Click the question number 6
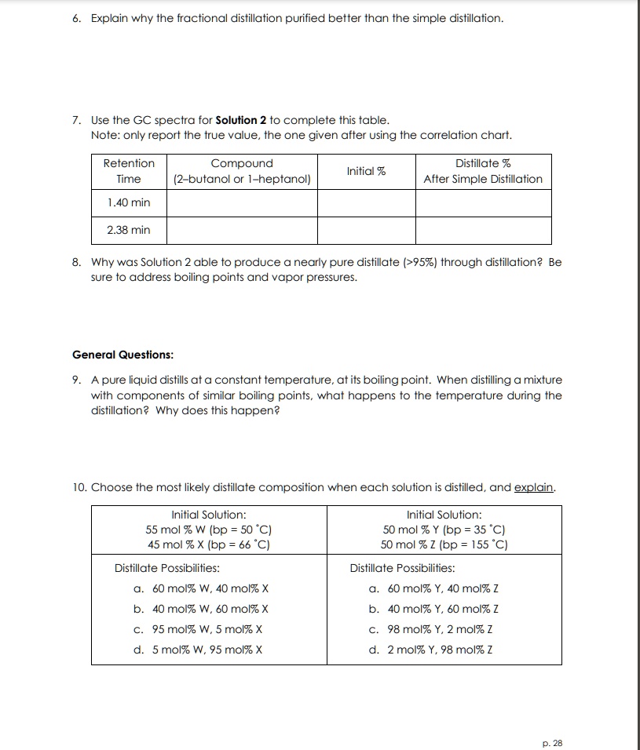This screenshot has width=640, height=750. [x=76, y=17]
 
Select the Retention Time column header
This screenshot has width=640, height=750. [x=129, y=171]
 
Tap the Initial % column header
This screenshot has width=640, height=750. [x=366, y=171]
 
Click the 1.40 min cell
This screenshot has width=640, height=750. [x=129, y=202]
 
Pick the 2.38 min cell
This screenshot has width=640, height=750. [x=129, y=230]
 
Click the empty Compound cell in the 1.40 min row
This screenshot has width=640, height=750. [x=242, y=202]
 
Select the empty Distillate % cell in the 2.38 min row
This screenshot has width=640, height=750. [x=483, y=230]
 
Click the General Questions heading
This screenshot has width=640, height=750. [x=123, y=355]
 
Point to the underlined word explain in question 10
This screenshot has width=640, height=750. [x=534, y=487]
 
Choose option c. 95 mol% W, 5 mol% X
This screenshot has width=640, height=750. [x=198, y=629]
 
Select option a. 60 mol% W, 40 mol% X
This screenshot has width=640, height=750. [x=198, y=588]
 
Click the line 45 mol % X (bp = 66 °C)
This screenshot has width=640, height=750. [x=209, y=544]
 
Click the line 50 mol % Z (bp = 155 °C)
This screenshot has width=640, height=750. [x=444, y=544]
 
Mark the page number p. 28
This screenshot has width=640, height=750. [x=553, y=743]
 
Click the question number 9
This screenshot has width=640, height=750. [x=76, y=380]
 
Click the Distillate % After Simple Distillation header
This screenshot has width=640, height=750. [x=483, y=171]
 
